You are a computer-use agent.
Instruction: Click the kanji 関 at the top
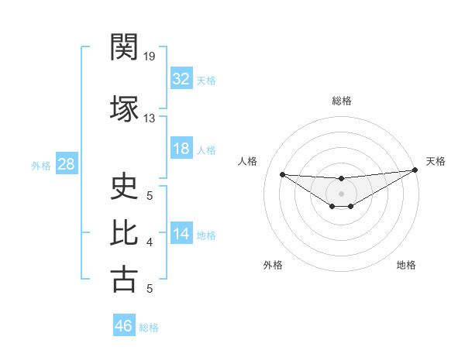(x=124, y=49)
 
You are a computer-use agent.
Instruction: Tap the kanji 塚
(x=124, y=109)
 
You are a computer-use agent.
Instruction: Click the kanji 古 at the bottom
(x=124, y=280)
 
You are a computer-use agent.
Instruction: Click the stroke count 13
(x=150, y=118)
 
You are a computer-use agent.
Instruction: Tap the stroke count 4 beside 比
(x=150, y=242)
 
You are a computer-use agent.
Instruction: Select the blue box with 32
(x=181, y=79)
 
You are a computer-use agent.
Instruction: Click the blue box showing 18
(x=181, y=149)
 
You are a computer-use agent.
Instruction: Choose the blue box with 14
(x=181, y=234)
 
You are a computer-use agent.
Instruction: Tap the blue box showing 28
(x=65, y=164)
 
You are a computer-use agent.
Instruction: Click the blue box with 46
(x=124, y=326)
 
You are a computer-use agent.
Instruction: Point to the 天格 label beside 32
(x=206, y=80)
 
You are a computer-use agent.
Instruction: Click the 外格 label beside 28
(x=41, y=165)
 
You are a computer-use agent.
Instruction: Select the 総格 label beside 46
(x=149, y=327)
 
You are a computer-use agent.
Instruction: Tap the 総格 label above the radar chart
(x=342, y=101)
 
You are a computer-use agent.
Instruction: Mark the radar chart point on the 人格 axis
(x=282, y=174)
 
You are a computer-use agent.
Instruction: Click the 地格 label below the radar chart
(x=406, y=265)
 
